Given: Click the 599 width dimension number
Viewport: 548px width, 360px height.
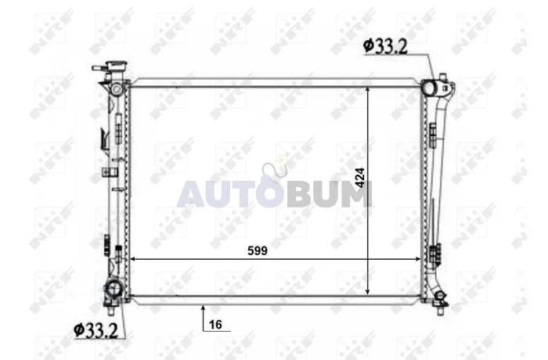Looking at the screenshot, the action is (x=258, y=250).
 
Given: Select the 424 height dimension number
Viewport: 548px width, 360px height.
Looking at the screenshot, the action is (x=359, y=178).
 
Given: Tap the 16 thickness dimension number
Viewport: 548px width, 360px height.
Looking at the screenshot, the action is (x=215, y=325).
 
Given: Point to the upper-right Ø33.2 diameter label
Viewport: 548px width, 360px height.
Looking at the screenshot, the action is (x=385, y=46).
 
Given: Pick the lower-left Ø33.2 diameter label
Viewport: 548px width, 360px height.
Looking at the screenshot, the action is (x=96, y=330).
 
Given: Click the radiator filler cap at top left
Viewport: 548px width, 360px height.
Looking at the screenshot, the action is (x=117, y=66).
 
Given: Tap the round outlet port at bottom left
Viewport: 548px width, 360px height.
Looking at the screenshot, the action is (x=114, y=289).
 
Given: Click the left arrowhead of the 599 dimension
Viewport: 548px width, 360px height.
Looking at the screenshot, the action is (x=132, y=259).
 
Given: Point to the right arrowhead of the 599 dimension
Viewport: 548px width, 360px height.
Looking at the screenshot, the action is (x=417, y=259).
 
